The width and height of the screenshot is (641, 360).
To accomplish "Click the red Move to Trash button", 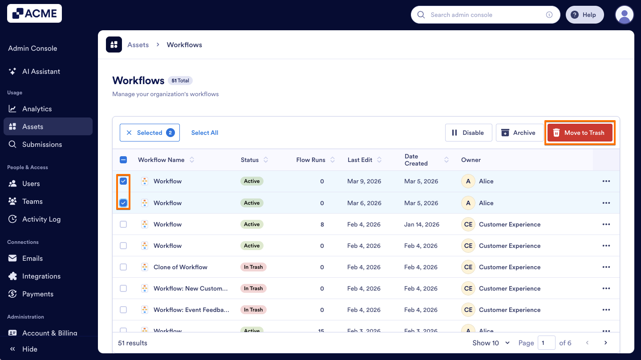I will point(580,133).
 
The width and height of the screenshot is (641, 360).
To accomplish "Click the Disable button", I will point(468,133).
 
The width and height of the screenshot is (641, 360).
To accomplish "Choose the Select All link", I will point(204,133).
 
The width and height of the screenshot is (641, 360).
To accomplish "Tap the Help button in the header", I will point(584,15).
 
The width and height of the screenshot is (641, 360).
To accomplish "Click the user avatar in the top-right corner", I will point(624,15).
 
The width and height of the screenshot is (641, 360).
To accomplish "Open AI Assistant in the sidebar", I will point(41,71).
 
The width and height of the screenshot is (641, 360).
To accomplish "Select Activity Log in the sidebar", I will point(41,219).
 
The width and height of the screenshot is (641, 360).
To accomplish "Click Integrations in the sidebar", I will point(41,276).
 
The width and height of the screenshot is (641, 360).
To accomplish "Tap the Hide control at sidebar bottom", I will point(29,349).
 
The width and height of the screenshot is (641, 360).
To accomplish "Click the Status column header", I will point(250,160).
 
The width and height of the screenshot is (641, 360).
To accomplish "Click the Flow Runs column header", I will point(311,160).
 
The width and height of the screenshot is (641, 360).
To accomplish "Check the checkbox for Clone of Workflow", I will point(123,267).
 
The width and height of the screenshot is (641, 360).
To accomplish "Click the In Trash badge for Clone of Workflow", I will point(253,267).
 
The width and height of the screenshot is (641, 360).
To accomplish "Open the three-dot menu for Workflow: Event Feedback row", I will point(606,310).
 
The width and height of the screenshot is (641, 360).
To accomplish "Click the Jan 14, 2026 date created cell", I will point(422,224).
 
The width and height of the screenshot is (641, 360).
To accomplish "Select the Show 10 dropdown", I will point(491,343).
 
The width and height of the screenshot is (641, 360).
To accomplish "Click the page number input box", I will point(546,343).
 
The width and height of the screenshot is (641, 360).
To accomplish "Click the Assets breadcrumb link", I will point(138,44).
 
